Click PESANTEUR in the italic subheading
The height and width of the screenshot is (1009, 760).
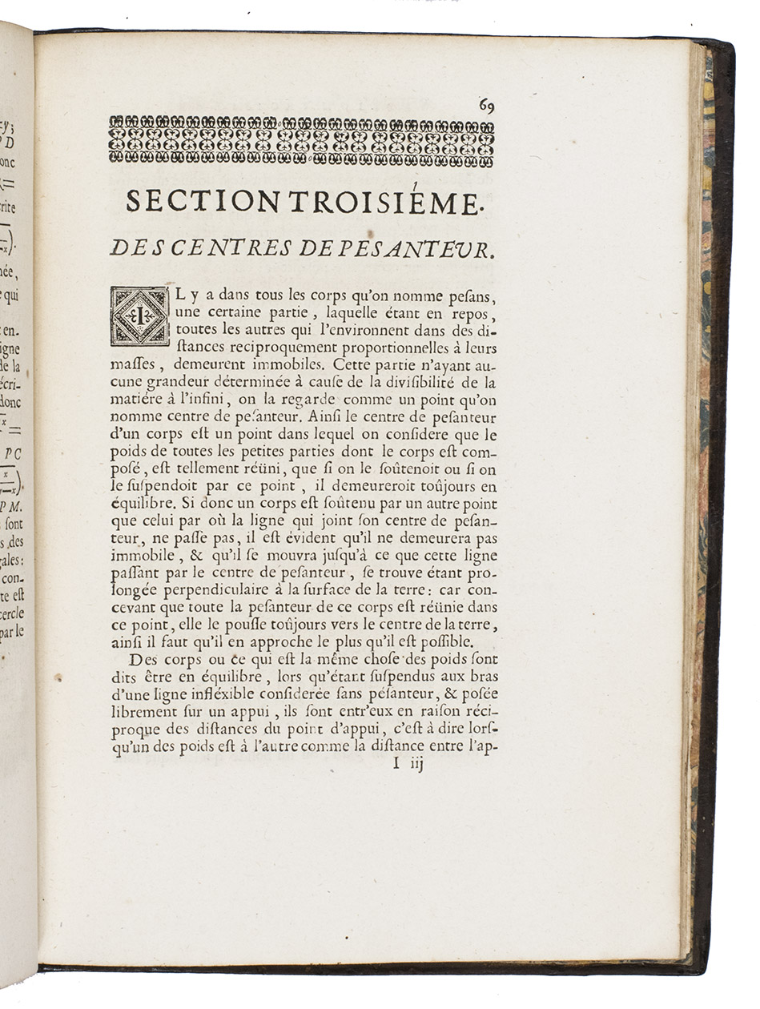click(x=433, y=249)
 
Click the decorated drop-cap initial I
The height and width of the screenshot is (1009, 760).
click(x=139, y=316)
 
